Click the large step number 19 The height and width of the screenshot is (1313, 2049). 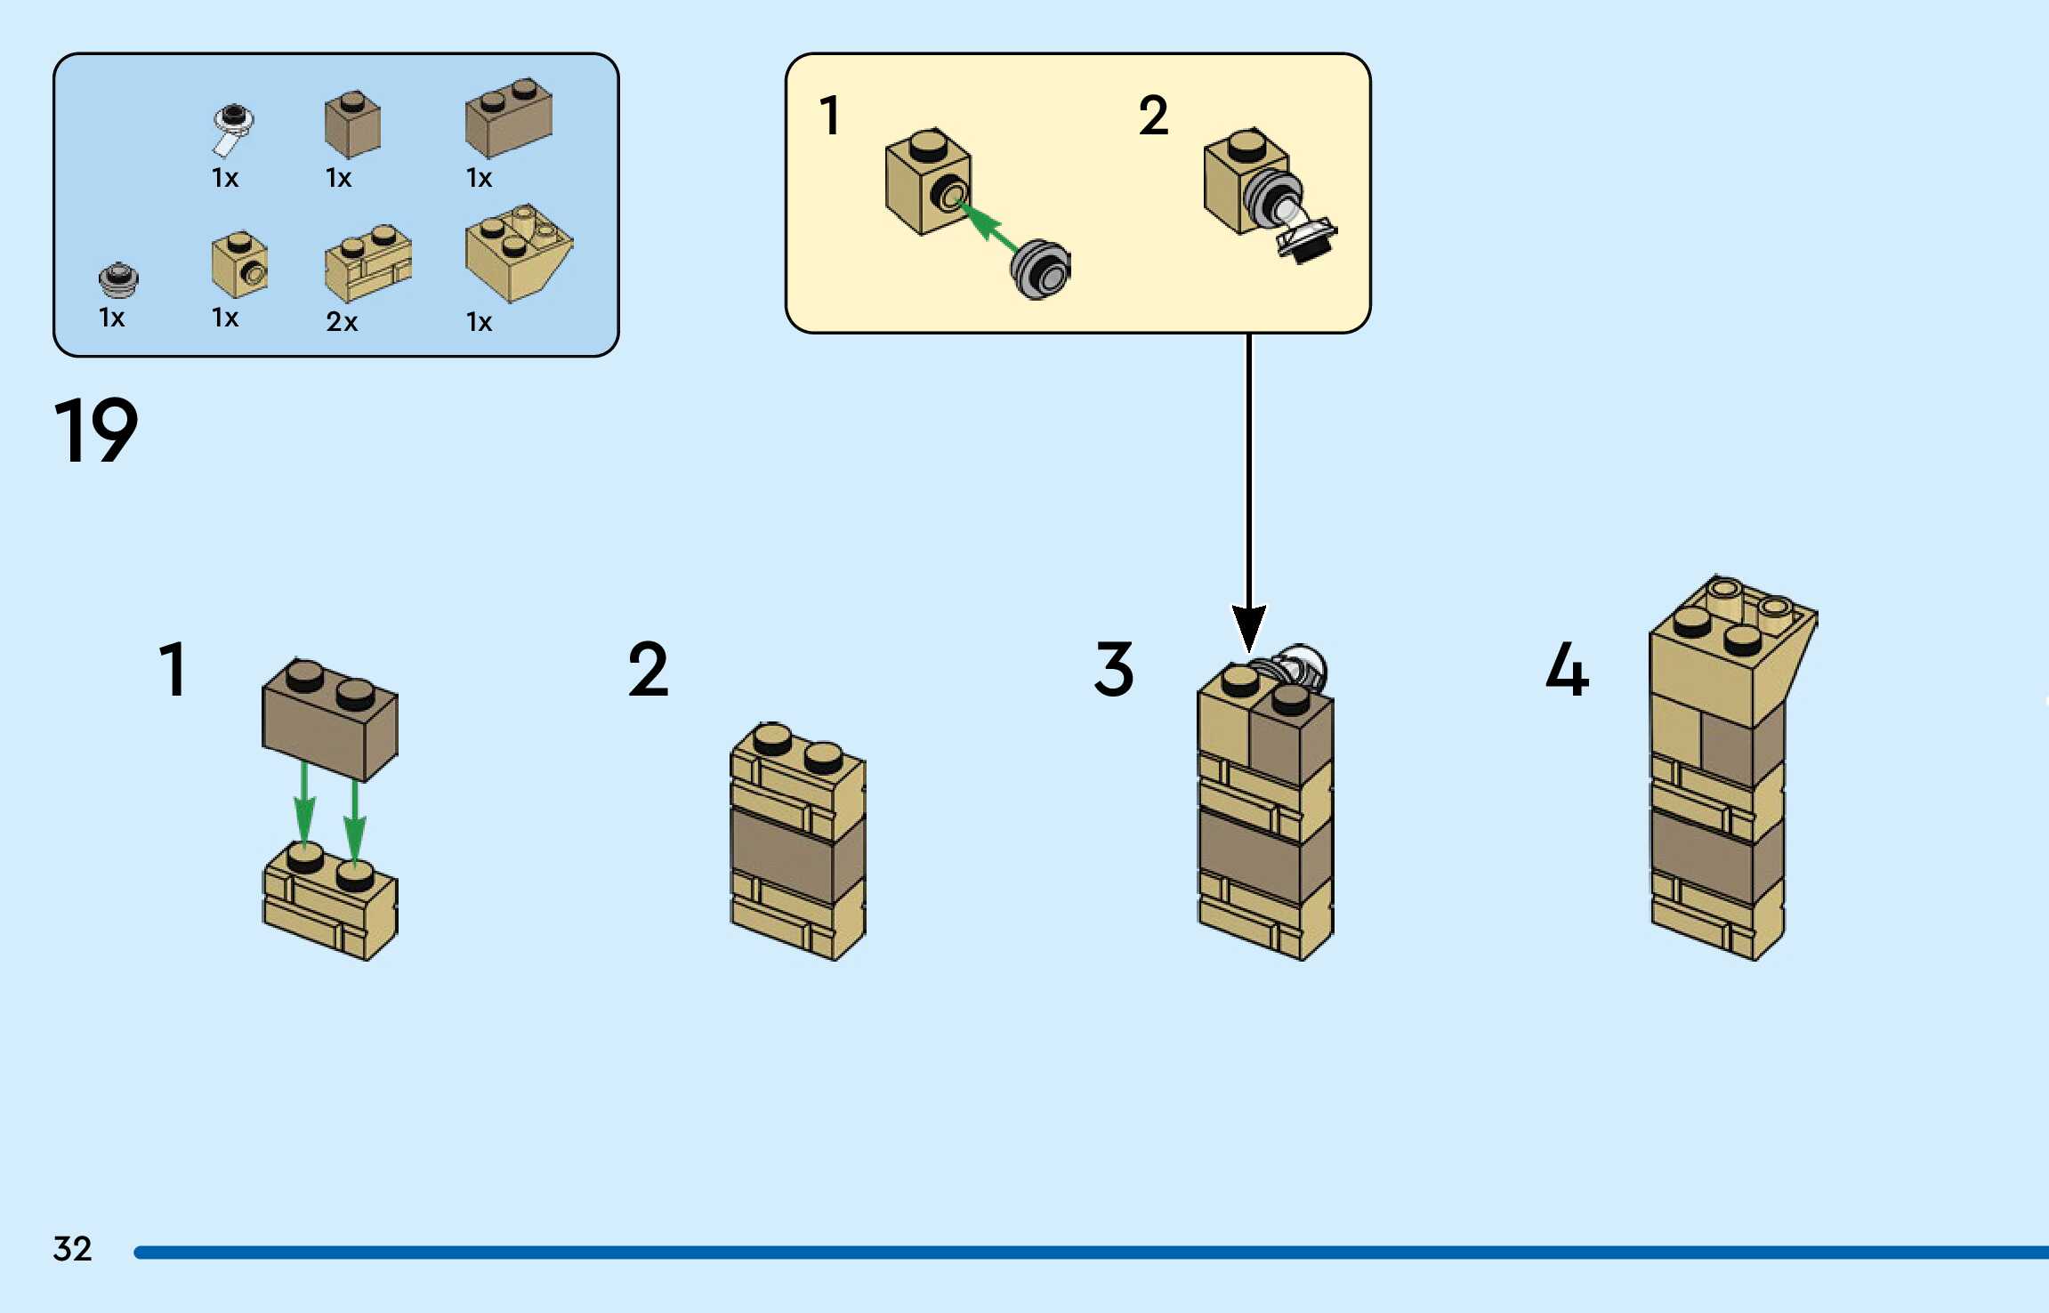[96, 431]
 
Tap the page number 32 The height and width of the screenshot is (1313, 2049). [72, 1249]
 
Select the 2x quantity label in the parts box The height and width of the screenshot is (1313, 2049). [342, 321]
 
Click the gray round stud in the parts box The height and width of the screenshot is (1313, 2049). [118, 279]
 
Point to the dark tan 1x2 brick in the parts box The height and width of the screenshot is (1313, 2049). [508, 118]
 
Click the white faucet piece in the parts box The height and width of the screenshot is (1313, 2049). [232, 129]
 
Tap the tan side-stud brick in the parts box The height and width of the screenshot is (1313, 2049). [239, 265]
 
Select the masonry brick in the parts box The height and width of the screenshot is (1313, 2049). [367, 264]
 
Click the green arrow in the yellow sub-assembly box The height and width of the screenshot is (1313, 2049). [987, 225]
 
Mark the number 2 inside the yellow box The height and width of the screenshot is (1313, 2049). [1153, 117]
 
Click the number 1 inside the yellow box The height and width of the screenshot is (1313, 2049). [829, 117]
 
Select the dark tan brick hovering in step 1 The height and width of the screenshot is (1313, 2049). [329, 721]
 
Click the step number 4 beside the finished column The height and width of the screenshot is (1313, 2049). [1567, 670]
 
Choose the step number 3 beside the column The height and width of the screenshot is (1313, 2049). [1114, 670]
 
